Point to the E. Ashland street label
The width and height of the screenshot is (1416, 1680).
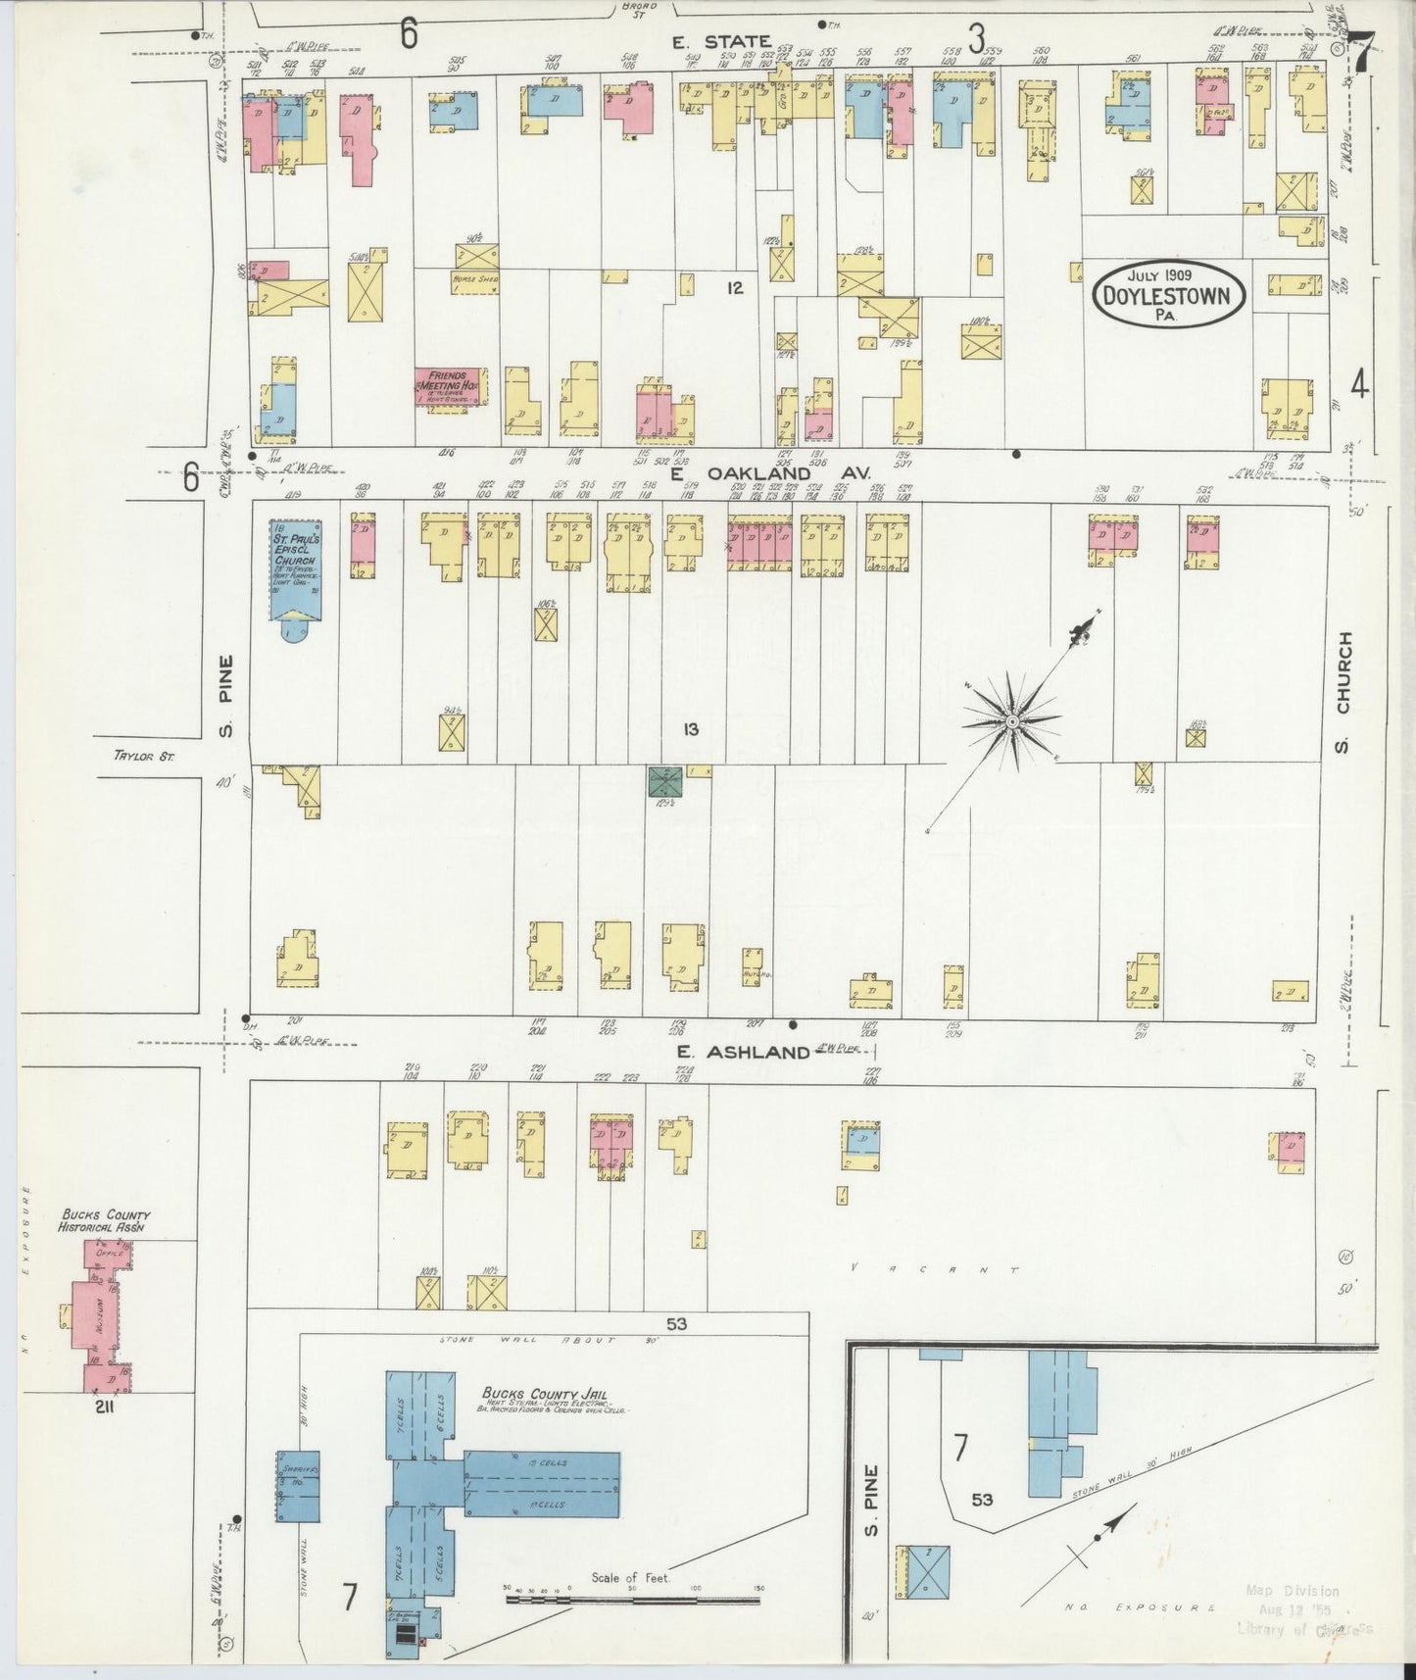tap(744, 1052)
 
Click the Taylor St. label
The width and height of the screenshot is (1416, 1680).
tap(143, 756)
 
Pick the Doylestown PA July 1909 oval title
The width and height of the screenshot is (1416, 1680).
tap(1168, 291)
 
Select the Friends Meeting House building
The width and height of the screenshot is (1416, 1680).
tap(451, 388)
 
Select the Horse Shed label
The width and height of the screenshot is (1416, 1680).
tap(476, 279)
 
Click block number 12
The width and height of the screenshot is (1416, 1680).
tap(735, 287)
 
